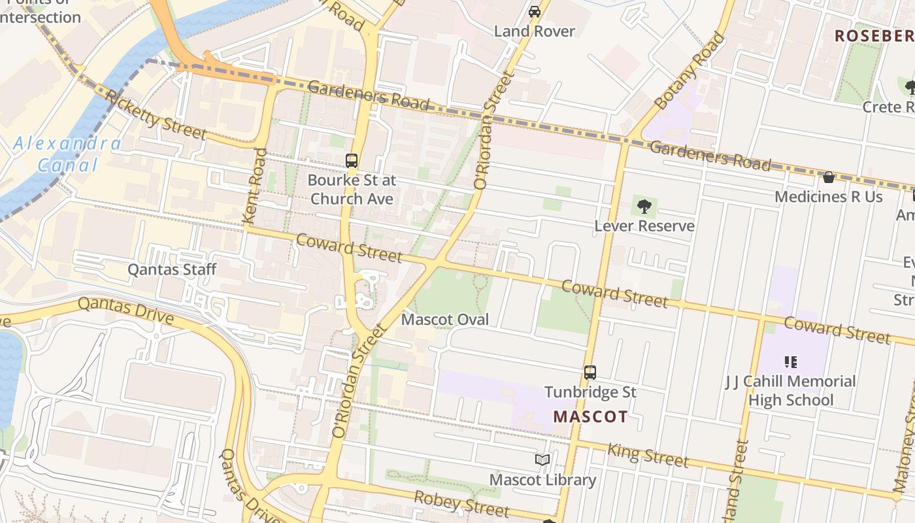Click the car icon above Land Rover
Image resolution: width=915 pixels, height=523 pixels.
point(535,11)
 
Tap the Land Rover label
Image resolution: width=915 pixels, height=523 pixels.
point(535,31)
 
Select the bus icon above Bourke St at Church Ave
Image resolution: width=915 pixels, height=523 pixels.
point(352,160)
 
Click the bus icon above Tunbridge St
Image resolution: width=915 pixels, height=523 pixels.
point(590,373)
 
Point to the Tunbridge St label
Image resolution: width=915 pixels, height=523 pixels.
point(590,392)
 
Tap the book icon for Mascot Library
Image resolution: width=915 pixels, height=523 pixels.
point(542,460)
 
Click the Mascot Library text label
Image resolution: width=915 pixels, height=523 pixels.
point(542,480)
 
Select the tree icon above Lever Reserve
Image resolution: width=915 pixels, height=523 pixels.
point(644,207)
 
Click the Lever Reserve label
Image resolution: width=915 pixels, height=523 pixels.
point(644,226)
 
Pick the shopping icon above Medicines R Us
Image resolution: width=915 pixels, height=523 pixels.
point(829,177)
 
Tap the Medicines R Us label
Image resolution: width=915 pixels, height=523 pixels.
point(829,197)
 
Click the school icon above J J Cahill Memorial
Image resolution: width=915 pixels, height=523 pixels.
point(790,362)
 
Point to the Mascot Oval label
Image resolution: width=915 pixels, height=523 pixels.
point(445,320)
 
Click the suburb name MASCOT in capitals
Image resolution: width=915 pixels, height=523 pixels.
point(590,416)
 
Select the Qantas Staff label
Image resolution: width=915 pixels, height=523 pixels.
point(172,269)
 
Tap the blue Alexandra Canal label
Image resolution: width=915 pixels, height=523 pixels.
point(67,154)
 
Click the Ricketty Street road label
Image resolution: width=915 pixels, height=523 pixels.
point(156,116)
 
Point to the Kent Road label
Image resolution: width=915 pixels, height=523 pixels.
point(254,187)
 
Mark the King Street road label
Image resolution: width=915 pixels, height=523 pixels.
point(648,455)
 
